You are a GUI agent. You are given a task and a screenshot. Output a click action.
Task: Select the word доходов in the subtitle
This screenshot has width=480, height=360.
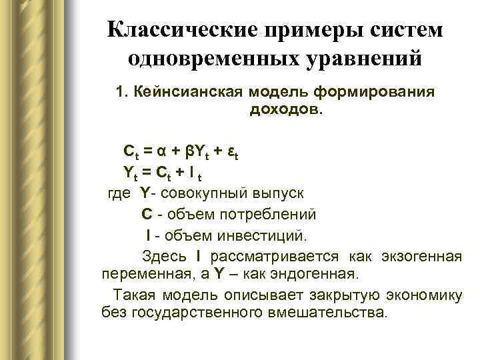tap(285, 107)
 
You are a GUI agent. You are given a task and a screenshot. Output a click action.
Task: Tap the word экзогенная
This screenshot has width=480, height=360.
tap(421, 257)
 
